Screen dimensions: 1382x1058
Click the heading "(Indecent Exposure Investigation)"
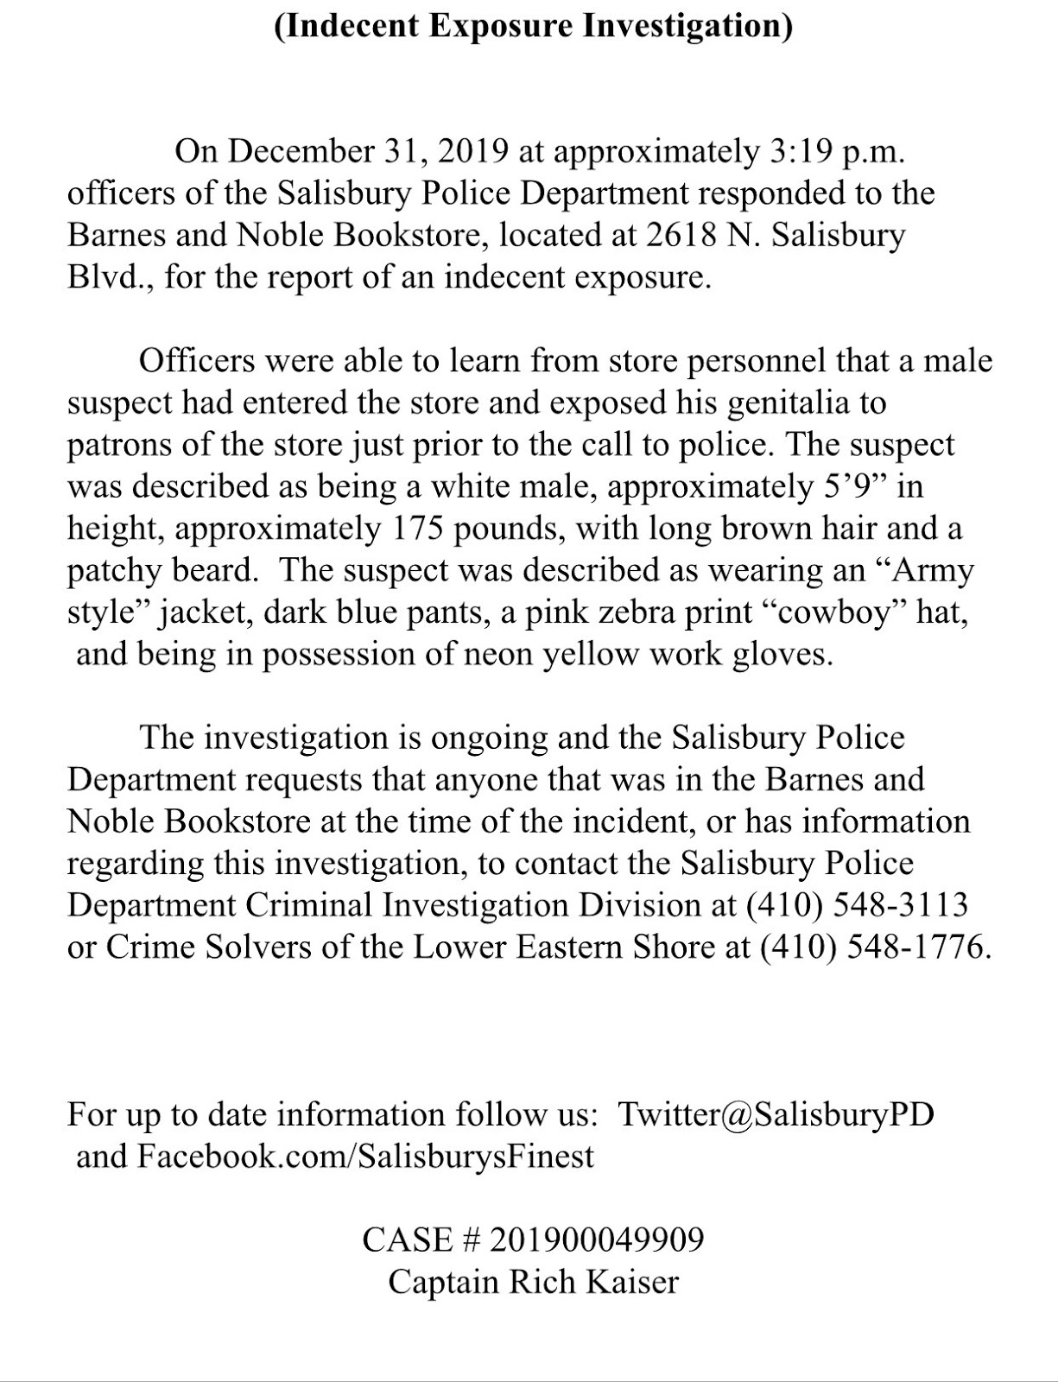point(533,25)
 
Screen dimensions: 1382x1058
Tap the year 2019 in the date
point(472,151)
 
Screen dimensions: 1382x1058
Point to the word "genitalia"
point(795,403)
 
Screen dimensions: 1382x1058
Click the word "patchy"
point(115,570)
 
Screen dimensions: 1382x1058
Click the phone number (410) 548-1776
point(873,947)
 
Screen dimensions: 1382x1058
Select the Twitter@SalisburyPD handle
point(776,1113)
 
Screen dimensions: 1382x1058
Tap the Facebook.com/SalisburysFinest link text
point(365,1156)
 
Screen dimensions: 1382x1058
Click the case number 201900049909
point(596,1239)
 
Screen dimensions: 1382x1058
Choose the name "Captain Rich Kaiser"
point(533,1281)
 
